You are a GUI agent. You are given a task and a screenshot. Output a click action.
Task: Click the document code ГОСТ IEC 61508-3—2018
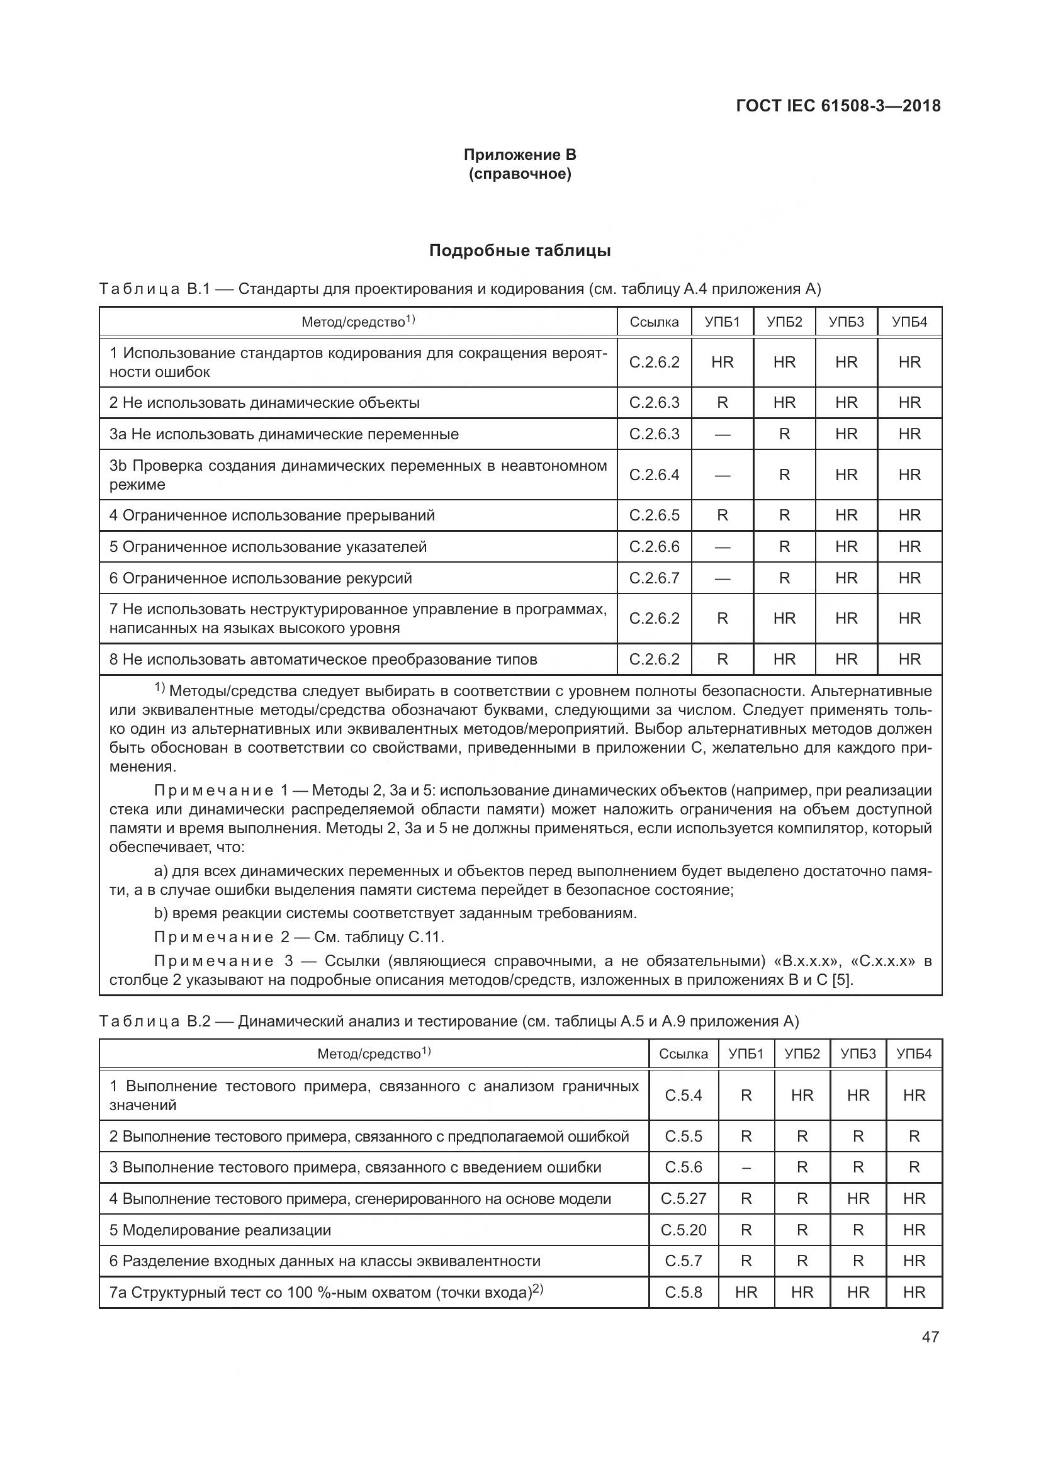(x=838, y=106)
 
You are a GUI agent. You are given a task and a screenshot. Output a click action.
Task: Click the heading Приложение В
(x=520, y=155)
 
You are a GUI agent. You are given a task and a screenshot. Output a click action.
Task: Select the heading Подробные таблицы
(x=520, y=250)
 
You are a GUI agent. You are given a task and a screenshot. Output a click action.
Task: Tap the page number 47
(x=930, y=1337)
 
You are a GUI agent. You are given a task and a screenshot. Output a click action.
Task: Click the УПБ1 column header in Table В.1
(x=722, y=322)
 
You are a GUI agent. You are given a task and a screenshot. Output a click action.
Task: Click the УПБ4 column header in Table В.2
(x=913, y=1054)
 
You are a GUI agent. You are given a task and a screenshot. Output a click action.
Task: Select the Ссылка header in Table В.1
(x=654, y=322)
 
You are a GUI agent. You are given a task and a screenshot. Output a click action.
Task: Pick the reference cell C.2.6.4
(x=654, y=475)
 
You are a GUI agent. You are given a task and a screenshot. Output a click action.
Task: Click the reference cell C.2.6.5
(x=654, y=515)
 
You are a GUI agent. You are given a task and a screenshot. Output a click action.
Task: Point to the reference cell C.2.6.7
(x=654, y=578)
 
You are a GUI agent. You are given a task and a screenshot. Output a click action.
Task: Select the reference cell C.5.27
(x=684, y=1199)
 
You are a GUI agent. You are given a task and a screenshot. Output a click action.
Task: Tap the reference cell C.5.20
(x=684, y=1230)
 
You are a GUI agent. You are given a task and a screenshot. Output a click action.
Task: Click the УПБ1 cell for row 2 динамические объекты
(x=722, y=403)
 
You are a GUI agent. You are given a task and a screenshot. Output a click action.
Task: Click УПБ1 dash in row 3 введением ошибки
(x=746, y=1168)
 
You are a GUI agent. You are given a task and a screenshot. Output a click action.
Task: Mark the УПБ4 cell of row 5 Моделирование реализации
(x=913, y=1230)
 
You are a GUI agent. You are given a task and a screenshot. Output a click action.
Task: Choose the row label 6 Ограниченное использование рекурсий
(x=261, y=578)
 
